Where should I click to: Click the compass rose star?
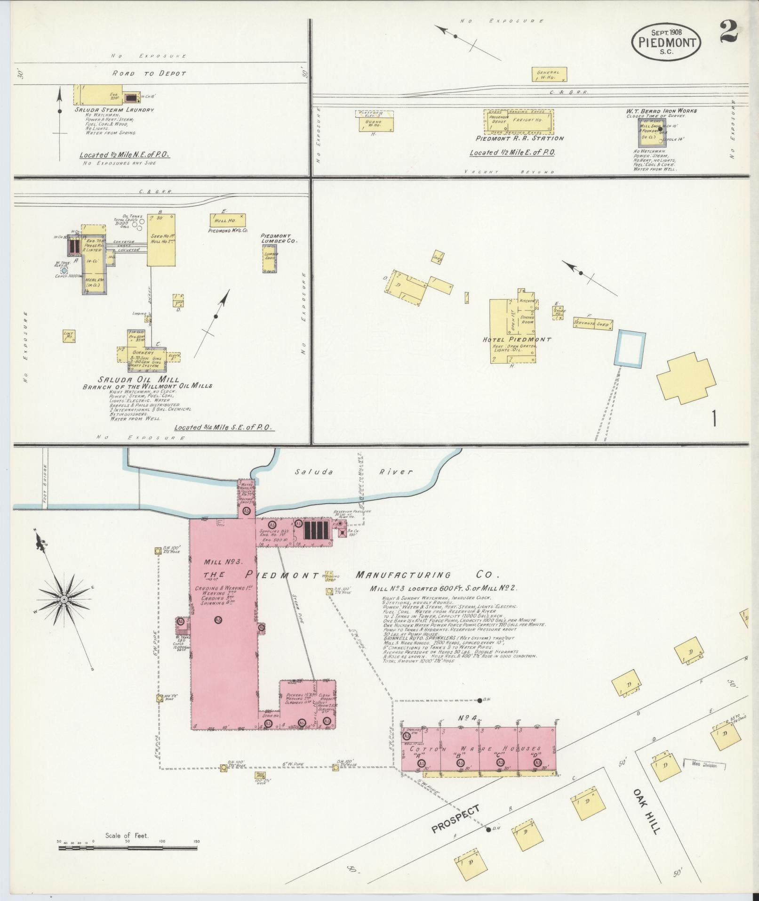pyautogui.click(x=64, y=599)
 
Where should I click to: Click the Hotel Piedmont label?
pyautogui.click(x=517, y=339)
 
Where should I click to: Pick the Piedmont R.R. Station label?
pyautogui.click(x=519, y=138)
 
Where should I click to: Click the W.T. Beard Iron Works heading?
pyautogui.click(x=661, y=111)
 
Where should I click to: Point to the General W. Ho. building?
pyautogui.click(x=549, y=74)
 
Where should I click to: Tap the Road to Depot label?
pyautogui.click(x=149, y=73)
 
